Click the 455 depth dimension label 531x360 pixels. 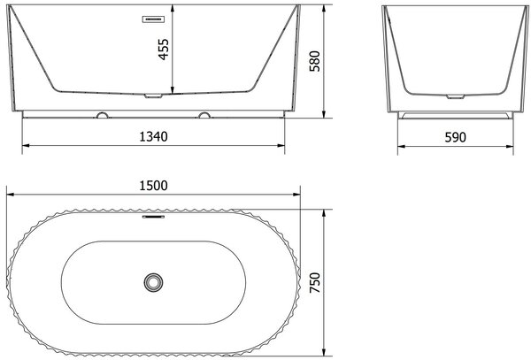pyautogui.click(x=164, y=50)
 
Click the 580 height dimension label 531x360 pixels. pyautogui.click(x=314, y=61)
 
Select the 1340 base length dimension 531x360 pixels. pyautogui.click(x=153, y=137)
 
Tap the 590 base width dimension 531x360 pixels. pyautogui.click(x=455, y=137)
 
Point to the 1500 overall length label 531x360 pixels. pyautogui.click(x=153, y=186)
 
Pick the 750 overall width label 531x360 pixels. pyautogui.click(x=314, y=282)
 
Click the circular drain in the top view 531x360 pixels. pyautogui.click(x=153, y=282)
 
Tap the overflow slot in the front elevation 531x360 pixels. pyautogui.click(x=153, y=19)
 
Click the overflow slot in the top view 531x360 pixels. pyautogui.click(x=153, y=217)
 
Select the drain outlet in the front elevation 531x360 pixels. pyautogui.click(x=153, y=96)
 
